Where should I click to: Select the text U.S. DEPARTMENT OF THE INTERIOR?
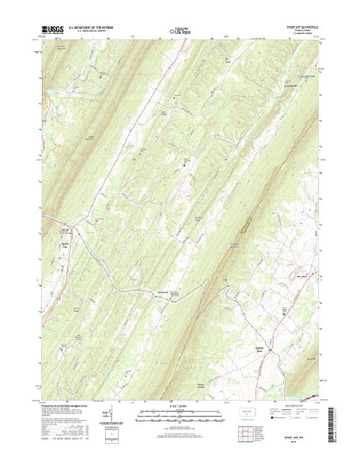(x=92, y=27)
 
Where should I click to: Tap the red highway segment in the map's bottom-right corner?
(x=311, y=396)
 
